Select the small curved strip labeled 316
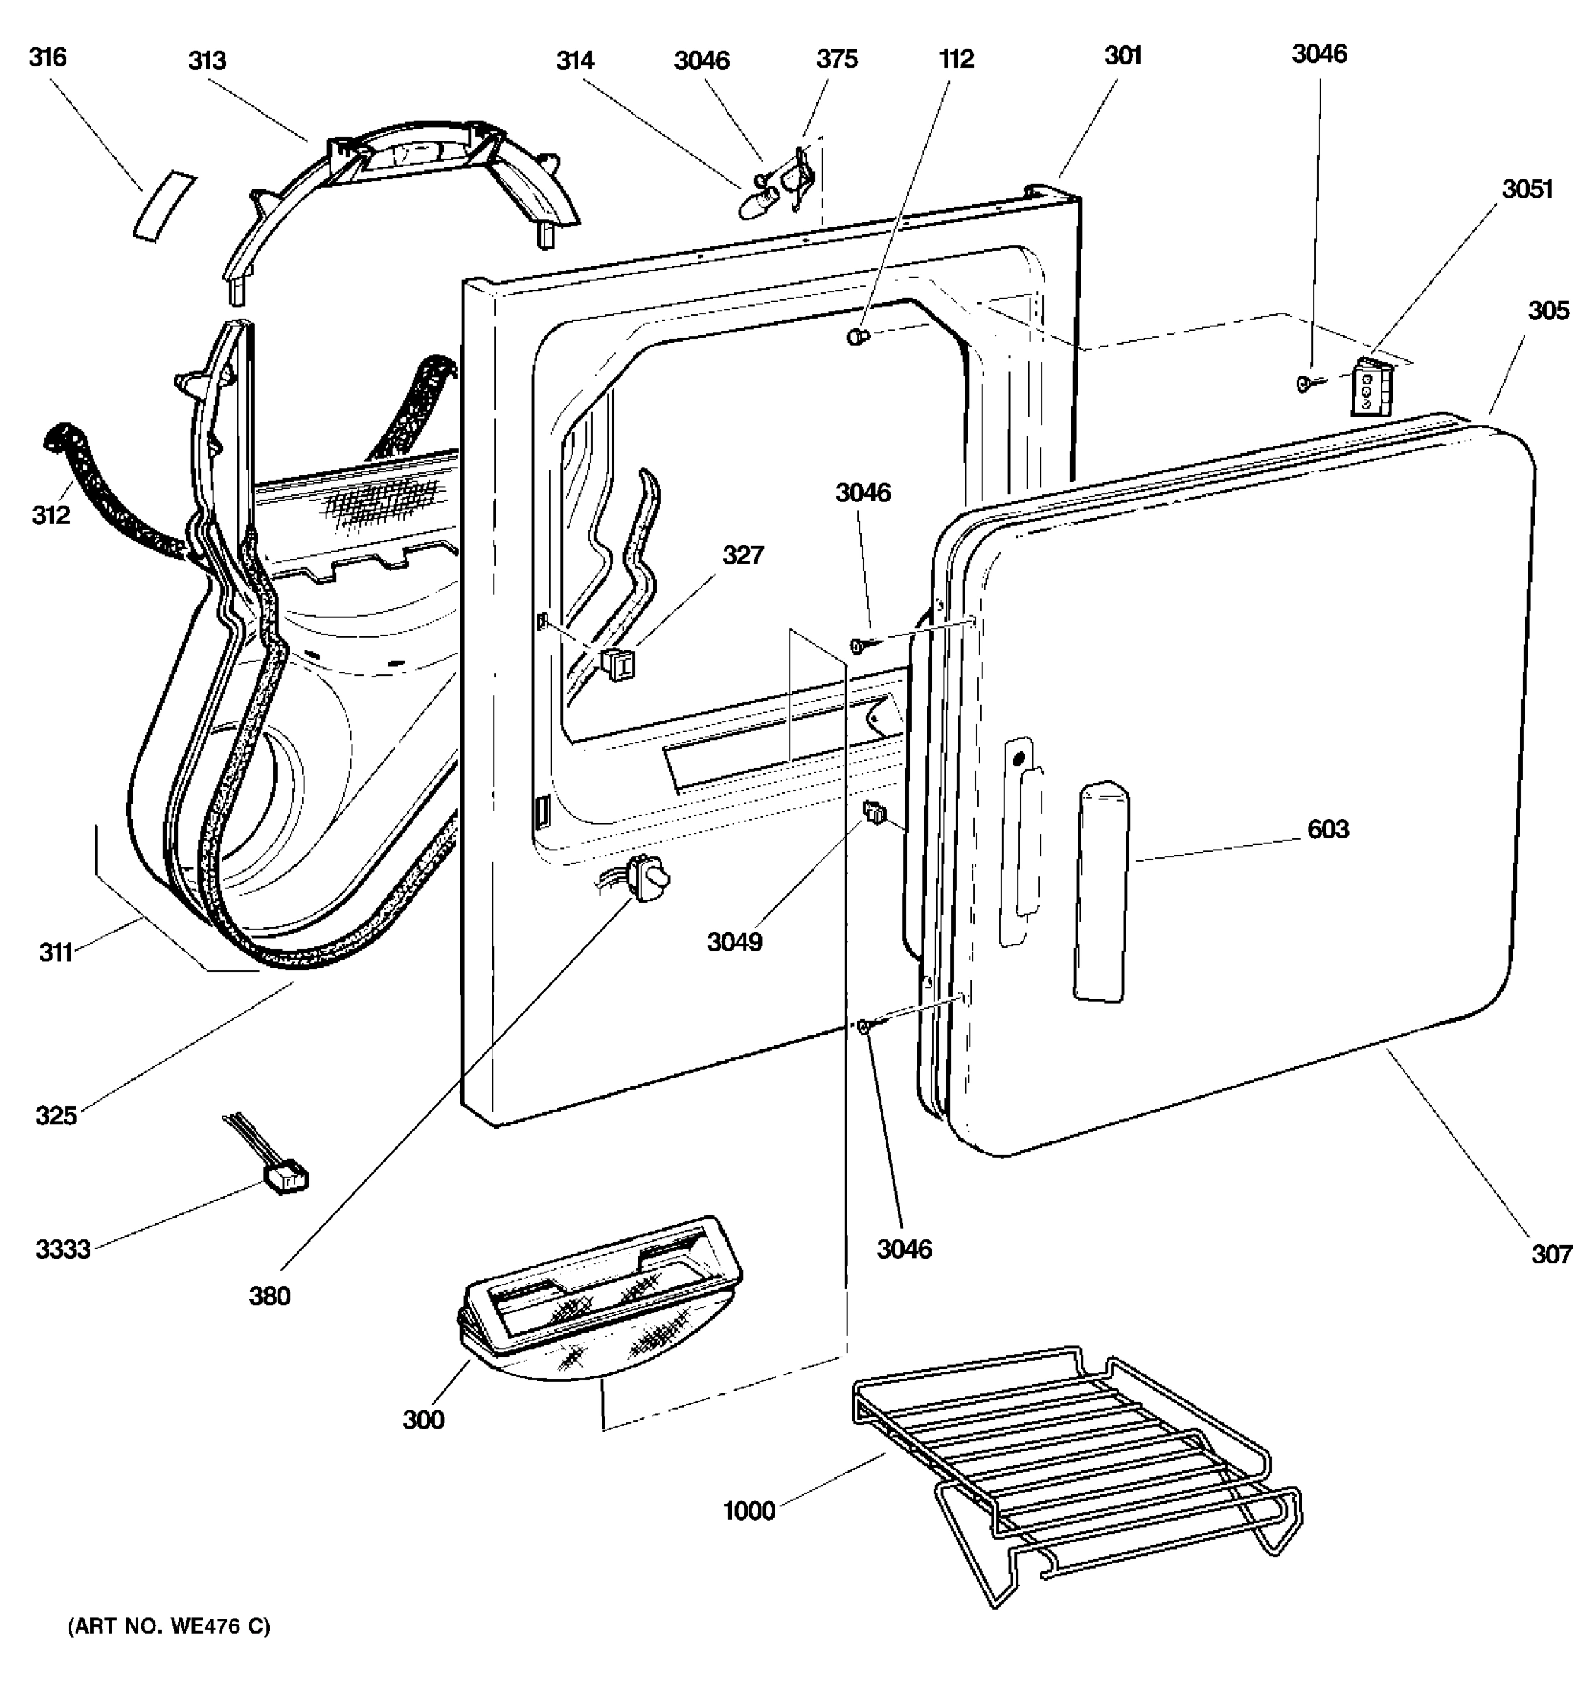click(x=164, y=206)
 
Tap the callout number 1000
click(x=749, y=1511)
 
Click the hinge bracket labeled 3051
click(x=1371, y=388)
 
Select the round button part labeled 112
click(x=857, y=337)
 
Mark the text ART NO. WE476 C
click(x=169, y=1626)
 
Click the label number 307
click(x=1551, y=1254)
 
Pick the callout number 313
click(x=207, y=61)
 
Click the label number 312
click(x=51, y=515)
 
